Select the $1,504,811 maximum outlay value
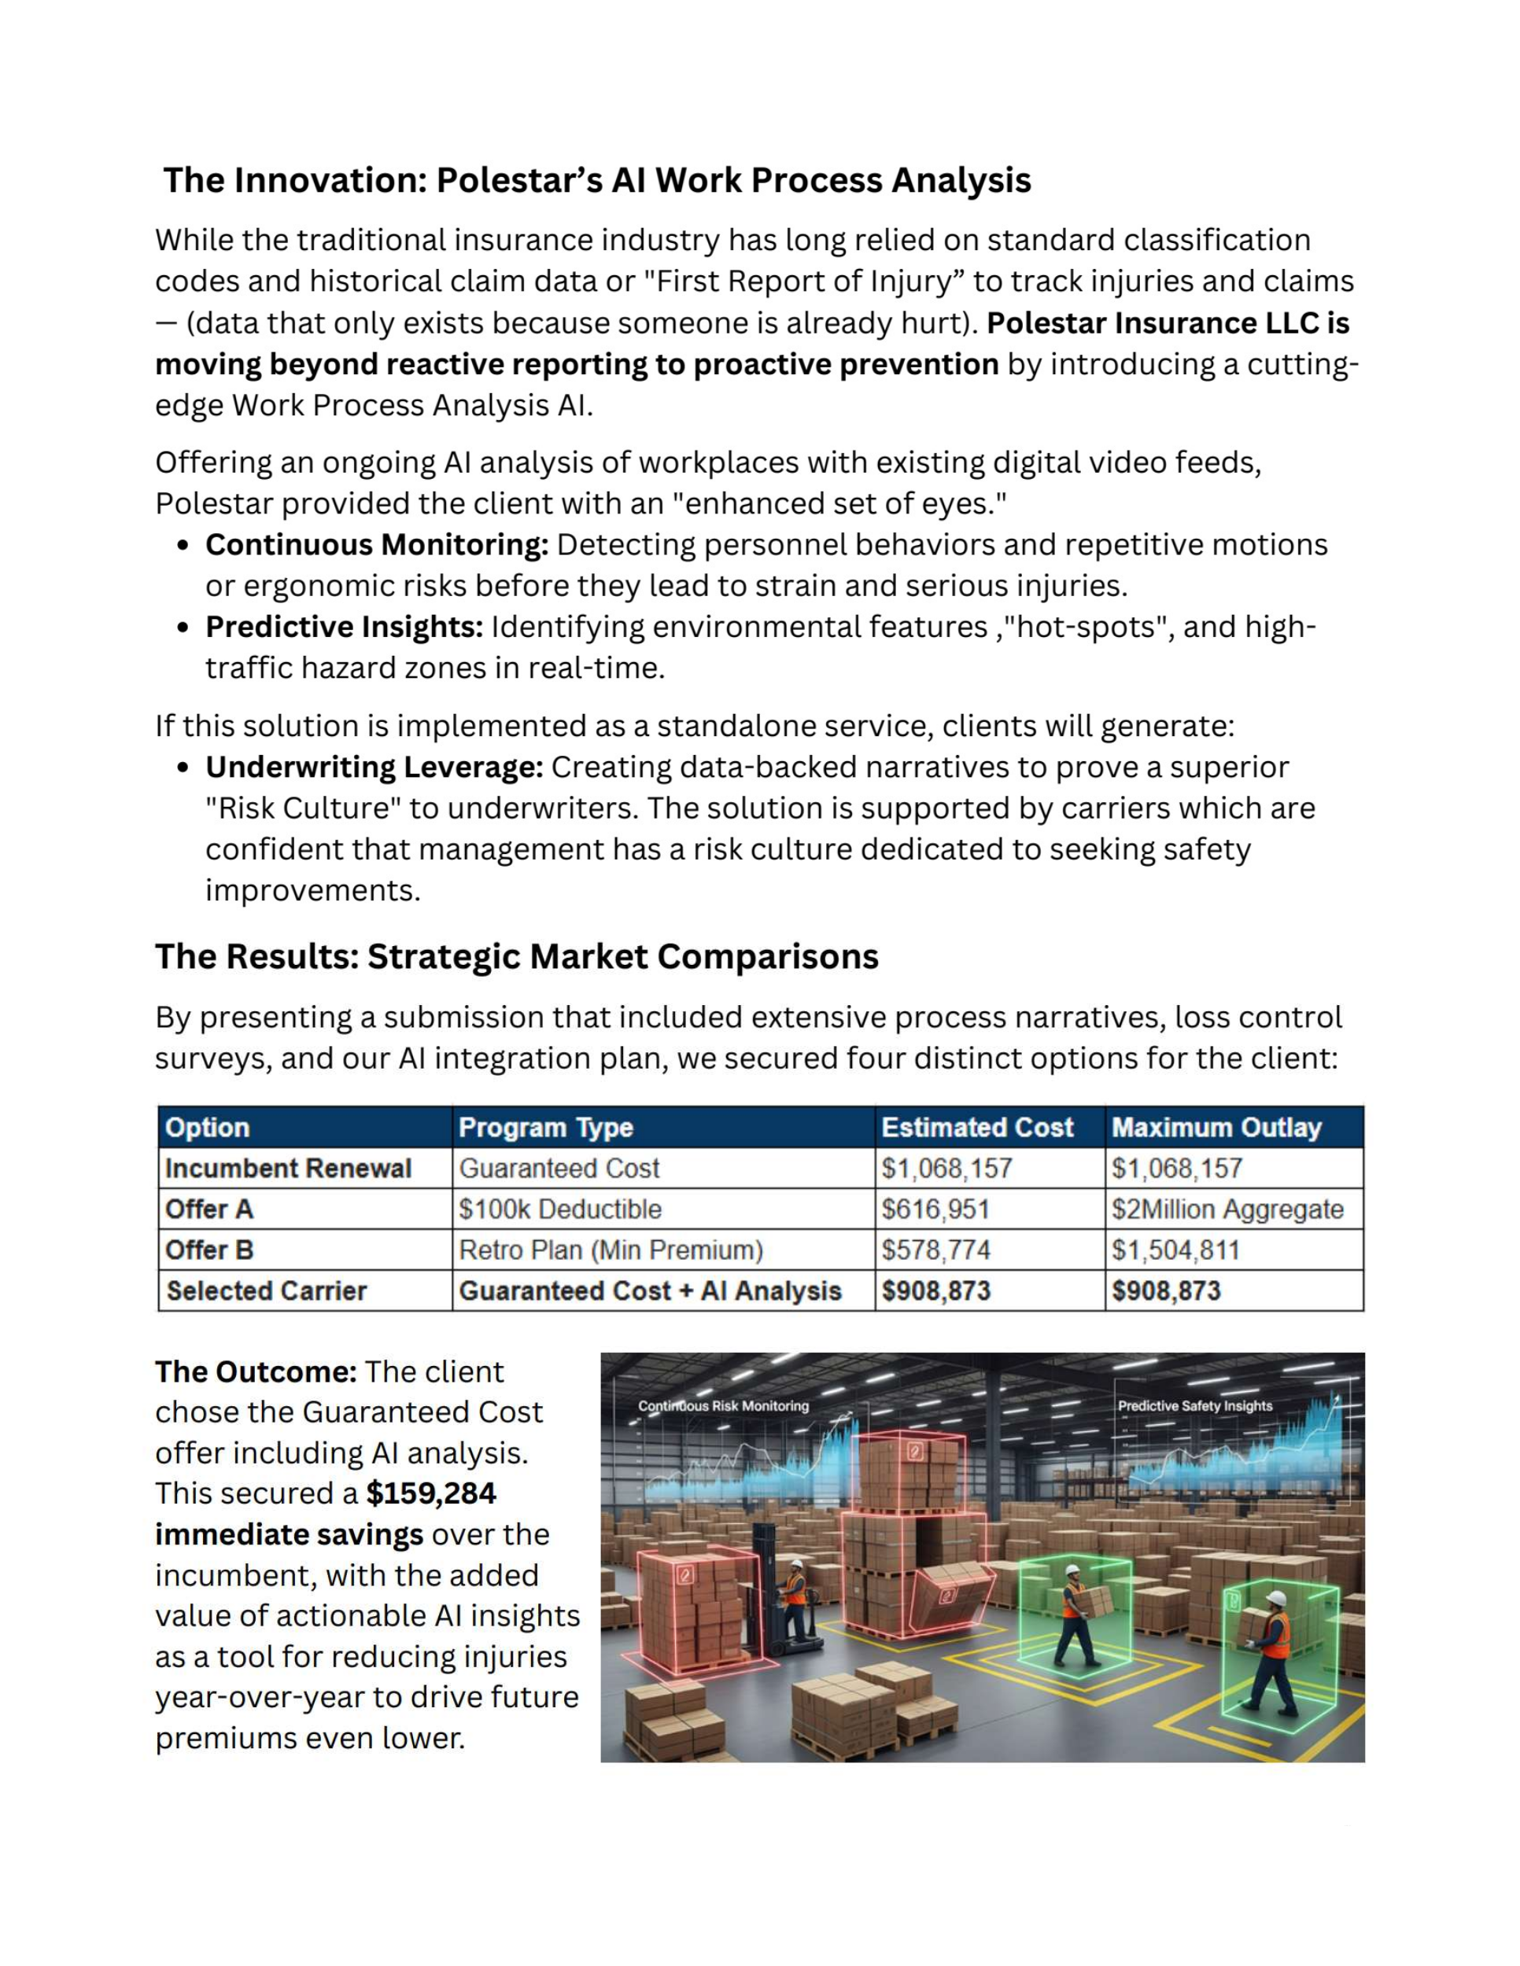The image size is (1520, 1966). click(1175, 1250)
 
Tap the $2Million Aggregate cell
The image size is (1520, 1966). click(1227, 1209)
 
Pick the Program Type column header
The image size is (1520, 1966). click(546, 1127)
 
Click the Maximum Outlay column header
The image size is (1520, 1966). click(1216, 1127)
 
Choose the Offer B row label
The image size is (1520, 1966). click(210, 1250)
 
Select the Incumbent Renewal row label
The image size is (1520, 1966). click(288, 1169)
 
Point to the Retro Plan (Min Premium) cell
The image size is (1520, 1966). click(611, 1250)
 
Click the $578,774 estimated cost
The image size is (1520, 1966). click(935, 1250)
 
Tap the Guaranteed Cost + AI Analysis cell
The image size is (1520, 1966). click(650, 1290)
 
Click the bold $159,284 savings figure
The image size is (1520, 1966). click(431, 1493)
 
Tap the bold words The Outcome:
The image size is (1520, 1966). click(256, 1372)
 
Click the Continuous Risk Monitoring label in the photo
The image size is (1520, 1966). click(723, 1406)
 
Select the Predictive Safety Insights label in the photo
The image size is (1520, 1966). click(1195, 1406)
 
